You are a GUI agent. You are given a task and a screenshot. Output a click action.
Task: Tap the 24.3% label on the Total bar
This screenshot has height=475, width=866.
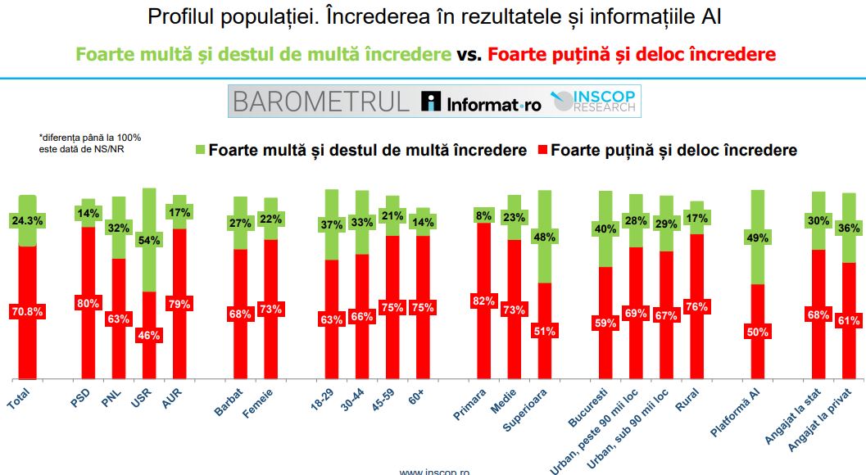pos(28,219)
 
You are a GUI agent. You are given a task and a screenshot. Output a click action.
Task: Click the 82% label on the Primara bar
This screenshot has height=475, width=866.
pos(483,301)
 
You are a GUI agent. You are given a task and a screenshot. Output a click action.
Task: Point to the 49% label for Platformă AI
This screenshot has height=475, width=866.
pos(759,237)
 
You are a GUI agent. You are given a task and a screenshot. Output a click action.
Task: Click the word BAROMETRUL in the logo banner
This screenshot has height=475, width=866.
pos(320,102)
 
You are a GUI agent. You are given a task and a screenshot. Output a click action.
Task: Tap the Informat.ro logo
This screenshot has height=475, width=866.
pos(481,102)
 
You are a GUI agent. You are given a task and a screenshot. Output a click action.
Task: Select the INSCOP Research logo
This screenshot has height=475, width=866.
pos(594,102)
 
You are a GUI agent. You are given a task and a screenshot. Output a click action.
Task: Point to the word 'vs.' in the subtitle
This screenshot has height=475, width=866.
pos(468,55)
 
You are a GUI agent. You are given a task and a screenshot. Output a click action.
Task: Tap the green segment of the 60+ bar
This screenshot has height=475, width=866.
pos(423,222)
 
